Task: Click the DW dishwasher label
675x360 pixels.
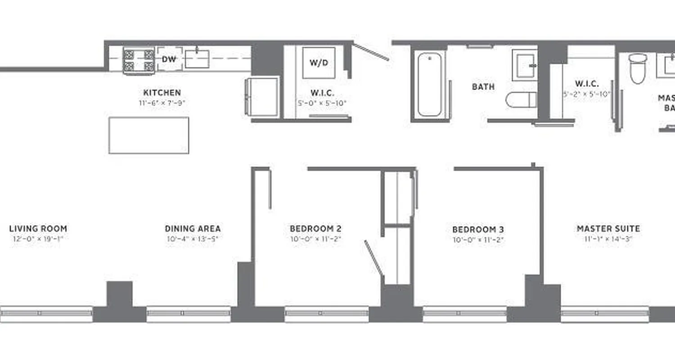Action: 169,59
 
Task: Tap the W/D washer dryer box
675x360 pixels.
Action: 319,63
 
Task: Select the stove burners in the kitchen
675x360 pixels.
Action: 139,61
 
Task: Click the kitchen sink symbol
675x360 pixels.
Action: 197,59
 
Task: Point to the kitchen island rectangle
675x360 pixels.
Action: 148,135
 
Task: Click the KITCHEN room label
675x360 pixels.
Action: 162,93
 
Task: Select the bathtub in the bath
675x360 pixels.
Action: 429,84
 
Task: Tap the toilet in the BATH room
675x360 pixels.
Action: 521,100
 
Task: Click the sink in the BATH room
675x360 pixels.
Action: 525,65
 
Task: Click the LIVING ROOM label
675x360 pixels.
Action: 38,229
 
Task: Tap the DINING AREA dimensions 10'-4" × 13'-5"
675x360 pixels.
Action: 192,239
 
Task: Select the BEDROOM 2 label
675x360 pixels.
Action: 315,229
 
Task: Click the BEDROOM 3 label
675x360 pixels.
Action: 478,229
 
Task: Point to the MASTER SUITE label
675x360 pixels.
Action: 608,229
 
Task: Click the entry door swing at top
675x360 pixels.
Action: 371,52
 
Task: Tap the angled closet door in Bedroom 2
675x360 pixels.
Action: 373,257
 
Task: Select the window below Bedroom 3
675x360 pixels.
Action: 464,314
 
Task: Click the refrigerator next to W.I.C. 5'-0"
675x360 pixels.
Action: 262,97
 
